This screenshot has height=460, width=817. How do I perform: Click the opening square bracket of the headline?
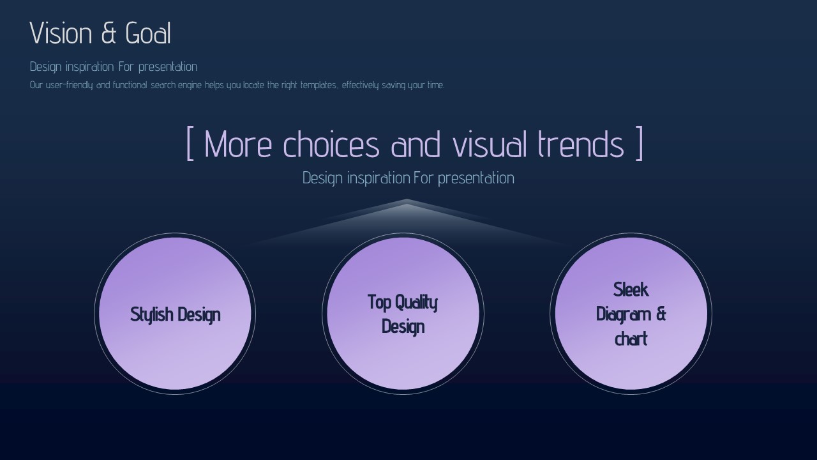tap(190, 143)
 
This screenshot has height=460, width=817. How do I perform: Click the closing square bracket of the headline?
tap(639, 143)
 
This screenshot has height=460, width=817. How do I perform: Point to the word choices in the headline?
tap(331, 144)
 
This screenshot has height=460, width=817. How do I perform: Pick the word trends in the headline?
tap(581, 144)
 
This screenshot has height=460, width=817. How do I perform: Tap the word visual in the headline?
tap(490, 144)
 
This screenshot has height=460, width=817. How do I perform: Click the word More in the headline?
tap(238, 144)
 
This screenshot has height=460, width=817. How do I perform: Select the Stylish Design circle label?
tap(175, 315)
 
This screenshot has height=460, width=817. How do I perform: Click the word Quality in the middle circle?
tap(416, 303)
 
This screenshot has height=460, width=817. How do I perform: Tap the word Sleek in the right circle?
tap(631, 290)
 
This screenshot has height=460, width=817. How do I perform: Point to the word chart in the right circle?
tap(631, 339)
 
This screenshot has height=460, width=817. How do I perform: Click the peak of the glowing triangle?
tap(407, 199)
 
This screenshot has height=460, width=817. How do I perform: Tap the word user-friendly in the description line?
tap(70, 86)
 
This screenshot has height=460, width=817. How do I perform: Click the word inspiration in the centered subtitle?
tap(379, 178)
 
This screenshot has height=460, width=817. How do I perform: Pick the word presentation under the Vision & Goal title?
tap(168, 67)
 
